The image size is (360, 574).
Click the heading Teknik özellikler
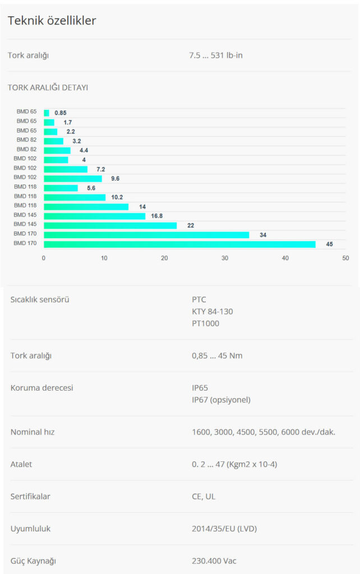[52, 21]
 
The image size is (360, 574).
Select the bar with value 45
[179, 244]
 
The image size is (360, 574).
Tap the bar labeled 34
[146, 235]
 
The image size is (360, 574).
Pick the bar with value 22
[110, 225]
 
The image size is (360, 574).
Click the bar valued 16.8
[94, 216]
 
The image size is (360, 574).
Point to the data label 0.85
[61, 113]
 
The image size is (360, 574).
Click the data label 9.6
[115, 179]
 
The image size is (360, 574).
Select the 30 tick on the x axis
[225, 258]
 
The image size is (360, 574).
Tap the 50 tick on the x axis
[345, 258]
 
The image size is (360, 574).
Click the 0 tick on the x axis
[44, 258]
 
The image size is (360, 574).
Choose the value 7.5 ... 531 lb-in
[216, 55]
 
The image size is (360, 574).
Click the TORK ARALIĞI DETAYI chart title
[48, 87]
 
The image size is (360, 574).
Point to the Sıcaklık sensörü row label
[40, 299]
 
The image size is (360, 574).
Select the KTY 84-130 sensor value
[212, 312]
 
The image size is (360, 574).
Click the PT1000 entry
[205, 323]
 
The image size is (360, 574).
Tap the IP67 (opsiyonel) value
[221, 400]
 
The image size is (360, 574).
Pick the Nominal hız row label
[33, 432]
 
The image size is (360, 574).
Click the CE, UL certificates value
[204, 497]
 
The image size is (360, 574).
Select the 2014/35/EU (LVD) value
[224, 529]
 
